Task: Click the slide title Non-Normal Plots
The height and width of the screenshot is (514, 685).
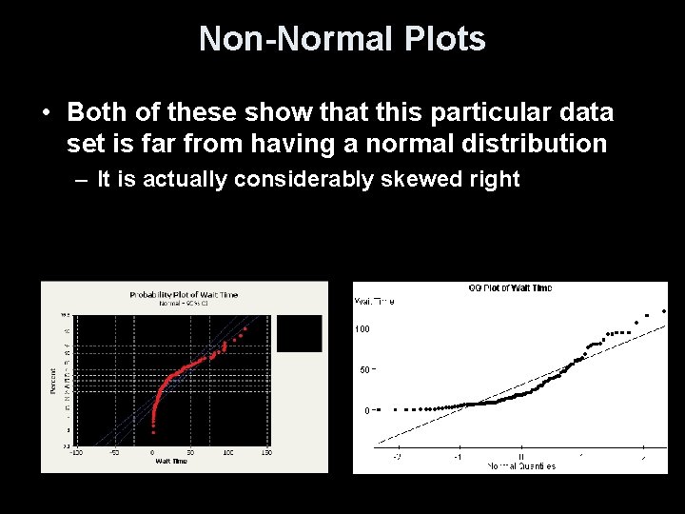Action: tap(342, 39)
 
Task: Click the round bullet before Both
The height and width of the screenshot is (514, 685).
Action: tap(46, 113)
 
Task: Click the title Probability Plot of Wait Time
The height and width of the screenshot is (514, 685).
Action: tap(184, 295)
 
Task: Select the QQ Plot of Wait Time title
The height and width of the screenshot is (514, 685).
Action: tap(510, 287)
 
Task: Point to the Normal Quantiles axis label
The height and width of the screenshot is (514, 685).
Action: tap(521, 465)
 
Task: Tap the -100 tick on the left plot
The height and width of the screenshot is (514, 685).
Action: tap(76, 452)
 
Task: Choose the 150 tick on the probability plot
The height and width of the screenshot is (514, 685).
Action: tap(266, 452)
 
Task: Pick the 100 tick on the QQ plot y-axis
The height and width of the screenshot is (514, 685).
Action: tap(362, 329)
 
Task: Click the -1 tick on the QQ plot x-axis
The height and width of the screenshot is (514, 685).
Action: tap(459, 455)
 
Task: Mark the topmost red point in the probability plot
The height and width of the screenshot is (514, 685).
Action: tap(245, 327)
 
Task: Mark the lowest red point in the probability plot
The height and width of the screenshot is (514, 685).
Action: tap(153, 432)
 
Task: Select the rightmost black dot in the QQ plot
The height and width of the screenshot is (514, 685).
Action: tap(664, 310)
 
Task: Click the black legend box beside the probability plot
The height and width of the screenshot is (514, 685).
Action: tap(299, 333)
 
